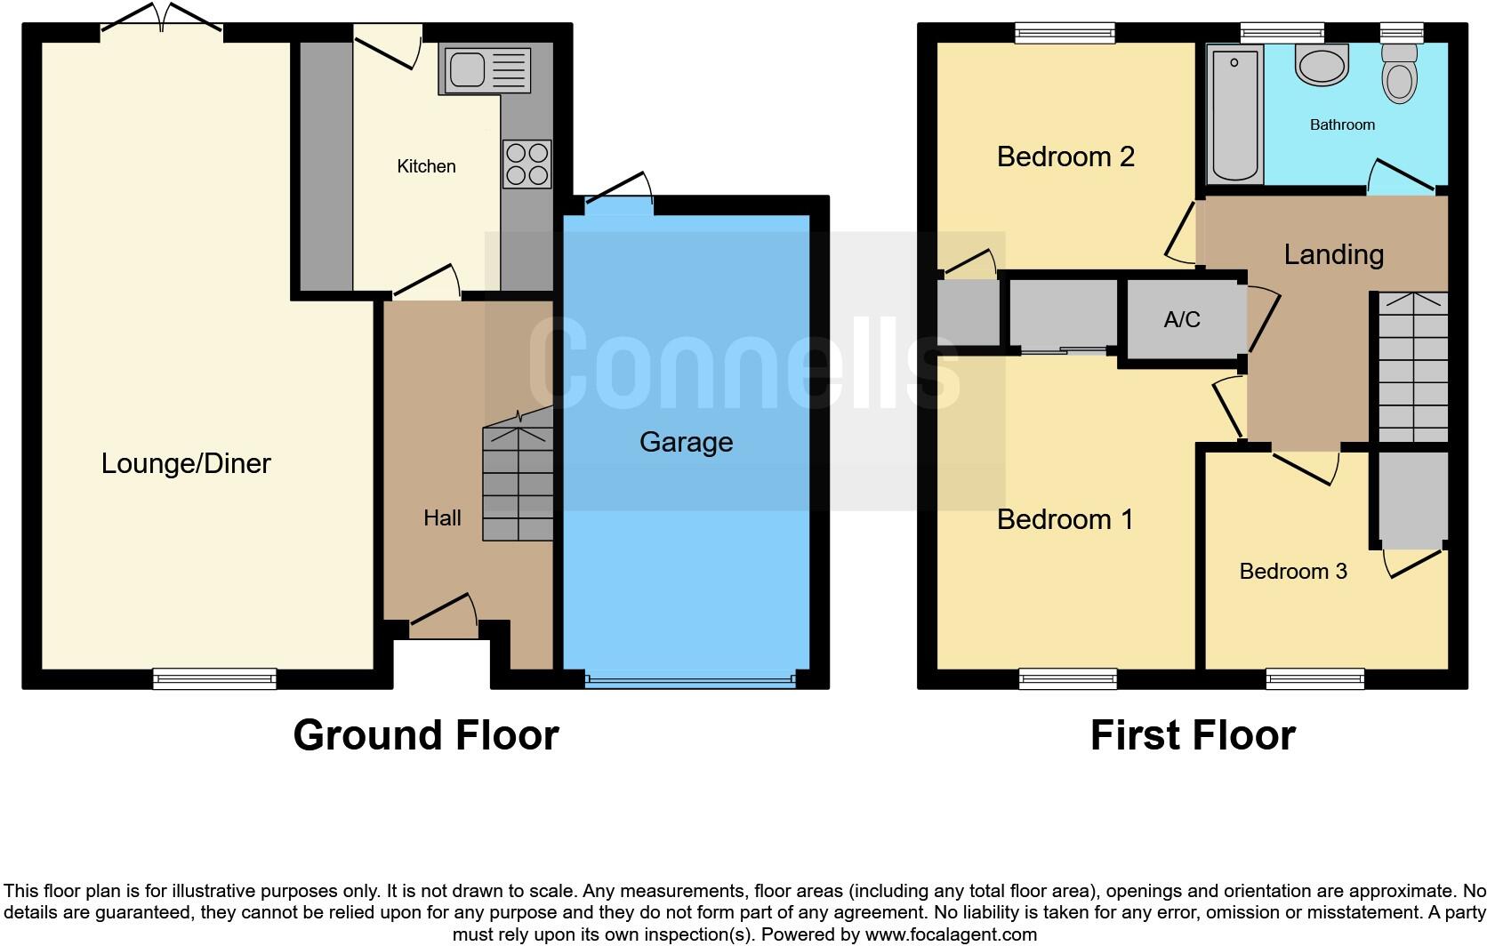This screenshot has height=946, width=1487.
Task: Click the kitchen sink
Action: [x=485, y=70]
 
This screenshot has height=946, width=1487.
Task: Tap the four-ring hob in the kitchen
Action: [x=526, y=164]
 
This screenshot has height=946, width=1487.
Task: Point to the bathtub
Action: [x=1235, y=115]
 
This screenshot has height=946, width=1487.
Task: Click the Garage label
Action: [x=686, y=442]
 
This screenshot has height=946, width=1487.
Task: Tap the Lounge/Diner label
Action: [x=186, y=463]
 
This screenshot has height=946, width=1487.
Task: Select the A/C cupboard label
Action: [x=1182, y=320]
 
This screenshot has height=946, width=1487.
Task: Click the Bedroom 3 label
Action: [x=1292, y=571]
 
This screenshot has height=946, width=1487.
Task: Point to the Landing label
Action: [x=1333, y=255]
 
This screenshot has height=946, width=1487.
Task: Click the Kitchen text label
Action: [x=426, y=166]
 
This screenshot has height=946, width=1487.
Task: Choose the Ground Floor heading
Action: [x=426, y=735]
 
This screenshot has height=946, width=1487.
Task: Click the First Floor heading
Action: [x=1192, y=735]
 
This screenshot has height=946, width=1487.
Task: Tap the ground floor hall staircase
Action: [x=518, y=482]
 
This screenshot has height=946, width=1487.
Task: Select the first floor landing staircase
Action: [x=1412, y=368]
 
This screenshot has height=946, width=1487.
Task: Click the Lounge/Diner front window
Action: [x=214, y=678]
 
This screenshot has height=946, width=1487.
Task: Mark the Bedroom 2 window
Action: [x=1065, y=33]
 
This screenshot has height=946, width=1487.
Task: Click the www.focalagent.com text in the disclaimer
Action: [x=950, y=934]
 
